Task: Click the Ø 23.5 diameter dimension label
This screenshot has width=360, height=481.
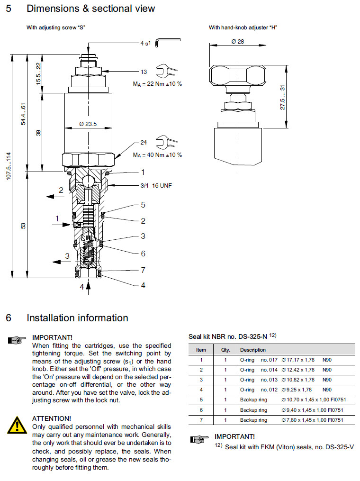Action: [x=88, y=124]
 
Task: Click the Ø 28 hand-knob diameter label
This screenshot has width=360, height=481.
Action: [x=238, y=42]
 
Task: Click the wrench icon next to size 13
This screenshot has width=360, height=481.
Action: [x=169, y=72]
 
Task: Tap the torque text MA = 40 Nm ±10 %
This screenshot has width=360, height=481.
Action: [x=157, y=155]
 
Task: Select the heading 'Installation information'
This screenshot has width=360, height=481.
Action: [x=77, y=318]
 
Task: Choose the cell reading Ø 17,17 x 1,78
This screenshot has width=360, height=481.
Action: [x=298, y=360]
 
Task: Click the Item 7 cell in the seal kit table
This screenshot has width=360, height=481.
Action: [x=201, y=420]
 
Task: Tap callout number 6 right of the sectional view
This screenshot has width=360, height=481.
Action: [x=143, y=254]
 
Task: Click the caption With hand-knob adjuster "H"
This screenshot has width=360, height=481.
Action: [x=243, y=27]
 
